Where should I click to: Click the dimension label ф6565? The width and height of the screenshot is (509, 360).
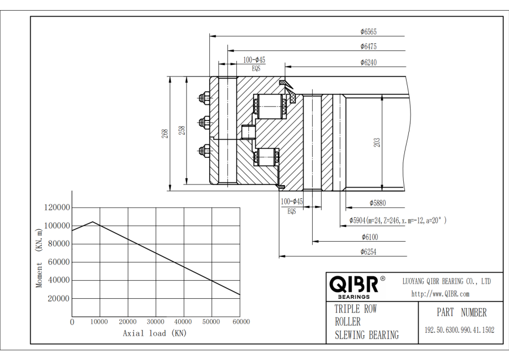pyautogui.click(x=368, y=32)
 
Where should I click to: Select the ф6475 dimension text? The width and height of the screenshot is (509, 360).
pyautogui.click(x=368, y=46)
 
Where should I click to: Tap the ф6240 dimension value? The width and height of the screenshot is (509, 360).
pyautogui.click(x=368, y=62)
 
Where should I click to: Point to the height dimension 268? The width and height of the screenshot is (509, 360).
pyautogui.click(x=165, y=134)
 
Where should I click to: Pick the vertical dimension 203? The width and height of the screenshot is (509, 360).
pyautogui.click(x=377, y=142)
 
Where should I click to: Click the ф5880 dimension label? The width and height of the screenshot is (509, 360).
pyautogui.click(x=378, y=202)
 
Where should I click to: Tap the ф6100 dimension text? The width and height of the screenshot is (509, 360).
pyautogui.click(x=369, y=237)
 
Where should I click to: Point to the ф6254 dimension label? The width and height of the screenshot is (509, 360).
pyautogui.click(x=368, y=252)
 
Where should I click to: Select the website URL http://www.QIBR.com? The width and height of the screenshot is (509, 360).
pyautogui.click(x=440, y=294)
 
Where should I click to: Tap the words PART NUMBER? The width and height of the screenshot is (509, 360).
pyautogui.click(x=461, y=312)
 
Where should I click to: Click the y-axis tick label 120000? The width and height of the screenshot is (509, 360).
pyautogui.click(x=57, y=208)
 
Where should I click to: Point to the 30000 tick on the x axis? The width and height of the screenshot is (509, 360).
pyautogui.click(x=156, y=322)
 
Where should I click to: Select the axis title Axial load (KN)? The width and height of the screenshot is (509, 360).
pyautogui.click(x=154, y=333)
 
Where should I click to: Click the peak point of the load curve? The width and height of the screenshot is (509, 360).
pyautogui.click(x=93, y=222)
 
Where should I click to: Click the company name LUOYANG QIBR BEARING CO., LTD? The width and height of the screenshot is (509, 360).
pyautogui.click(x=446, y=281)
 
